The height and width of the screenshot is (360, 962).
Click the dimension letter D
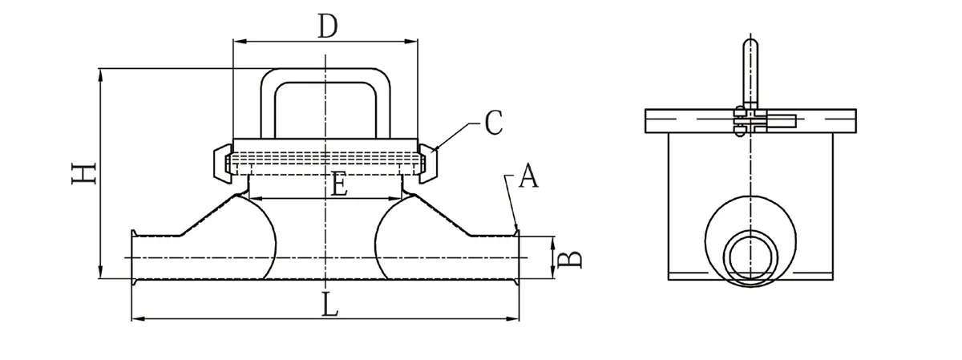pyautogui.click(x=325, y=26)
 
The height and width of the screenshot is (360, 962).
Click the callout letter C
pyautogui.click(x=494, y=123)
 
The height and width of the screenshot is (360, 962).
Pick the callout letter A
pyautogui.click(x=527, y=176)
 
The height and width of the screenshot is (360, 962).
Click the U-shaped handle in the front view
pyautogui.click(x=325, y=77)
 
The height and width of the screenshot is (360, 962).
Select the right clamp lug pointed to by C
pyautogui.click(x=430, y=163)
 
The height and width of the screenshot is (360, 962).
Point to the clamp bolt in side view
pyautogui.click(x=778, y=123)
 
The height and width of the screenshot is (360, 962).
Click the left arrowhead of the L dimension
pyautogui.click(x=135, y=319)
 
